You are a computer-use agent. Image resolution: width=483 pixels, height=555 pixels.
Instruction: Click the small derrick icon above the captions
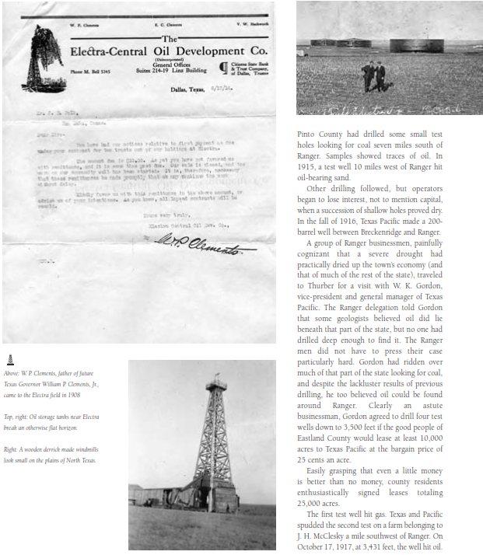9,359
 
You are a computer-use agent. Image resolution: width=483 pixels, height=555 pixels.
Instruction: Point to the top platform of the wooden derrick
215,386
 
